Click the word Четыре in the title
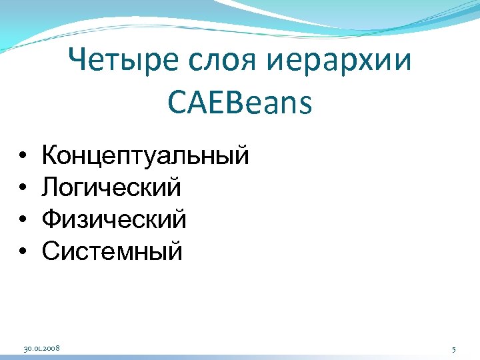[126, 63]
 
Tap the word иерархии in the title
[342, 65]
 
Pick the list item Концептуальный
[145, 156]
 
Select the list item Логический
[111, 188]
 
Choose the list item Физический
[114, 220]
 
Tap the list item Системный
[111, 251]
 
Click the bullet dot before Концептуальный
[23, 156]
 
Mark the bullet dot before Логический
[23, 188]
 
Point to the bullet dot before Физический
[23, 220]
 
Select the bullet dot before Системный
[23, 252]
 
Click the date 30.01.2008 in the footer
[42, 349]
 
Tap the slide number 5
[453, 349]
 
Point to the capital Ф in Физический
[51, 219]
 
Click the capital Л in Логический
[50, 187]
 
